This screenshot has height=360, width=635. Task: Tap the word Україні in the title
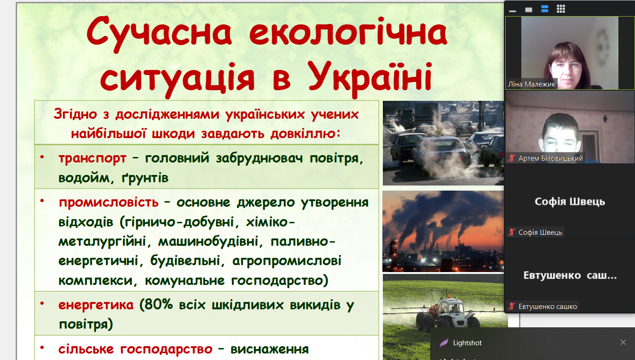click(x=370, y=77)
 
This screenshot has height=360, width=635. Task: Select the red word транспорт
click(x=92, y=158)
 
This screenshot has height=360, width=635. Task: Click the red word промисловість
click(x=109, y=202)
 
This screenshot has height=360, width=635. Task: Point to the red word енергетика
click(x=96, y=305)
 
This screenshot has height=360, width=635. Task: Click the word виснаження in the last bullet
click(x=269, y=349)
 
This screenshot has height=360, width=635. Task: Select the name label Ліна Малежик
click(x=531, y=84)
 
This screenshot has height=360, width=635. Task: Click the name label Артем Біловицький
click(x=550, y=158)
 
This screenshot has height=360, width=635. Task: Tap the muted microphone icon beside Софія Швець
click(x=512, y=232)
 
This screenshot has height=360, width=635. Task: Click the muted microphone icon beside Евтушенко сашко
click(x=512, y=306)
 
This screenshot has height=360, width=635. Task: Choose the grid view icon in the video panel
click(x=561, y=9)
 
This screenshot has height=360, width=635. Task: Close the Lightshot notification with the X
click(x=623, y=343)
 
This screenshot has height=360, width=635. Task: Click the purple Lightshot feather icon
click(x=444, y=343)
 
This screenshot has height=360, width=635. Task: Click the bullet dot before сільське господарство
click(x=42, y=347)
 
